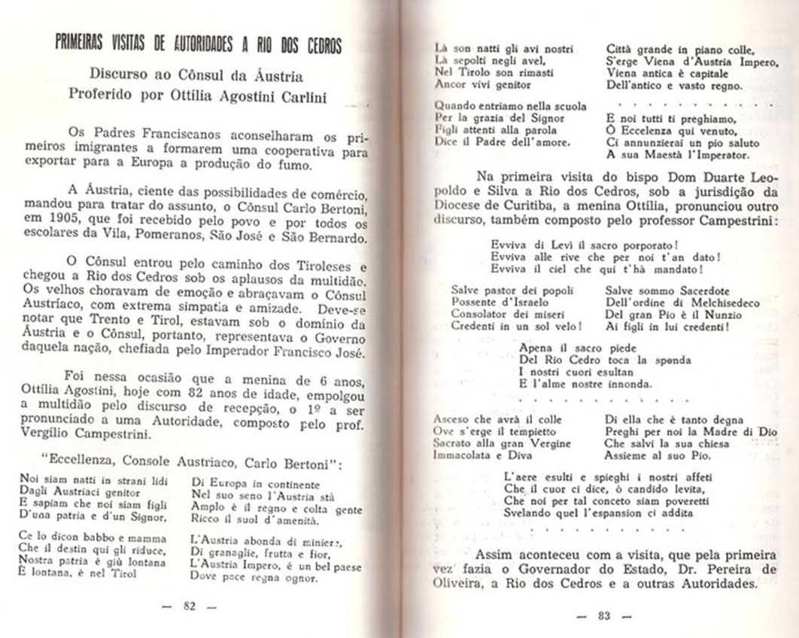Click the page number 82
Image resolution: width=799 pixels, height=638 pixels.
pyautogui.click(x=190, y=608)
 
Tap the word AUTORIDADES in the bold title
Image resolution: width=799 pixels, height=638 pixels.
pyautogui.click(x=203, y=46)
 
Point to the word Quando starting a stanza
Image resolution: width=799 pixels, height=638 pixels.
pyautogui.click(x=455, y=106)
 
